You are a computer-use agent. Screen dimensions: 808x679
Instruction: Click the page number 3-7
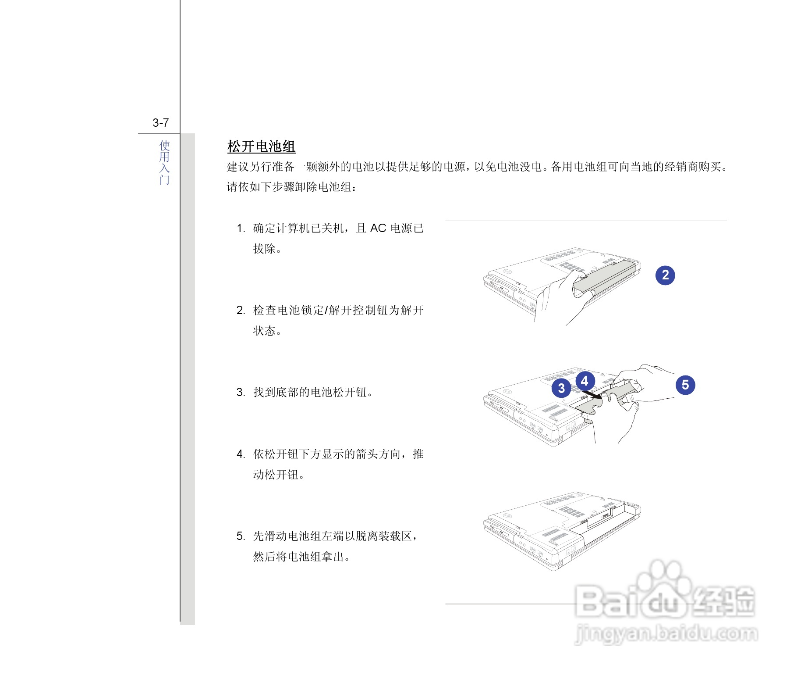pos(160,123)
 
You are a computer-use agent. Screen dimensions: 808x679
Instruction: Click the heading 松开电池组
pos(261,147)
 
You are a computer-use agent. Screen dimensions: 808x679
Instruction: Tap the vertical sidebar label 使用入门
pos(164,162)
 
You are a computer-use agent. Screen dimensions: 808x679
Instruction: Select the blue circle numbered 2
pos(665,275)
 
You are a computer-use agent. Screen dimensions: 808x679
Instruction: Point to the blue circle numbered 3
pos(561,388)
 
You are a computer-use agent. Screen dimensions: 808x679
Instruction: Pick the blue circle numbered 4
pos(585,381)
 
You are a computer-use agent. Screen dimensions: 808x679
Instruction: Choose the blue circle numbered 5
pos(685,385)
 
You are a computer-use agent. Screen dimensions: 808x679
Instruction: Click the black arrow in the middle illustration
pos(592,395)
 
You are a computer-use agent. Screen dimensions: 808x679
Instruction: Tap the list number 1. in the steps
pos(241,229)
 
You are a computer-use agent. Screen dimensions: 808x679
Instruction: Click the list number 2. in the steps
pos(241,311)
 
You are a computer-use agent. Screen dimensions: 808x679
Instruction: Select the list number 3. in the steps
pos(241,392)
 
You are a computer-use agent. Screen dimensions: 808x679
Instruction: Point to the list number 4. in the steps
pos(241,454)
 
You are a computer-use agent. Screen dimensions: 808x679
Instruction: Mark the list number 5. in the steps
pos(241,536)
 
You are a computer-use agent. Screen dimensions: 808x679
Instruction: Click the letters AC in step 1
pos(378,229)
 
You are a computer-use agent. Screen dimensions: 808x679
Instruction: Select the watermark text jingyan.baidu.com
pos(666,634)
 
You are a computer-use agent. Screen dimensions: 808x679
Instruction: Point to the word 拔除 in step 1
pos(264,249)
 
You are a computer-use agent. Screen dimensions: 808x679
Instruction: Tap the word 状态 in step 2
pos(264,331)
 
